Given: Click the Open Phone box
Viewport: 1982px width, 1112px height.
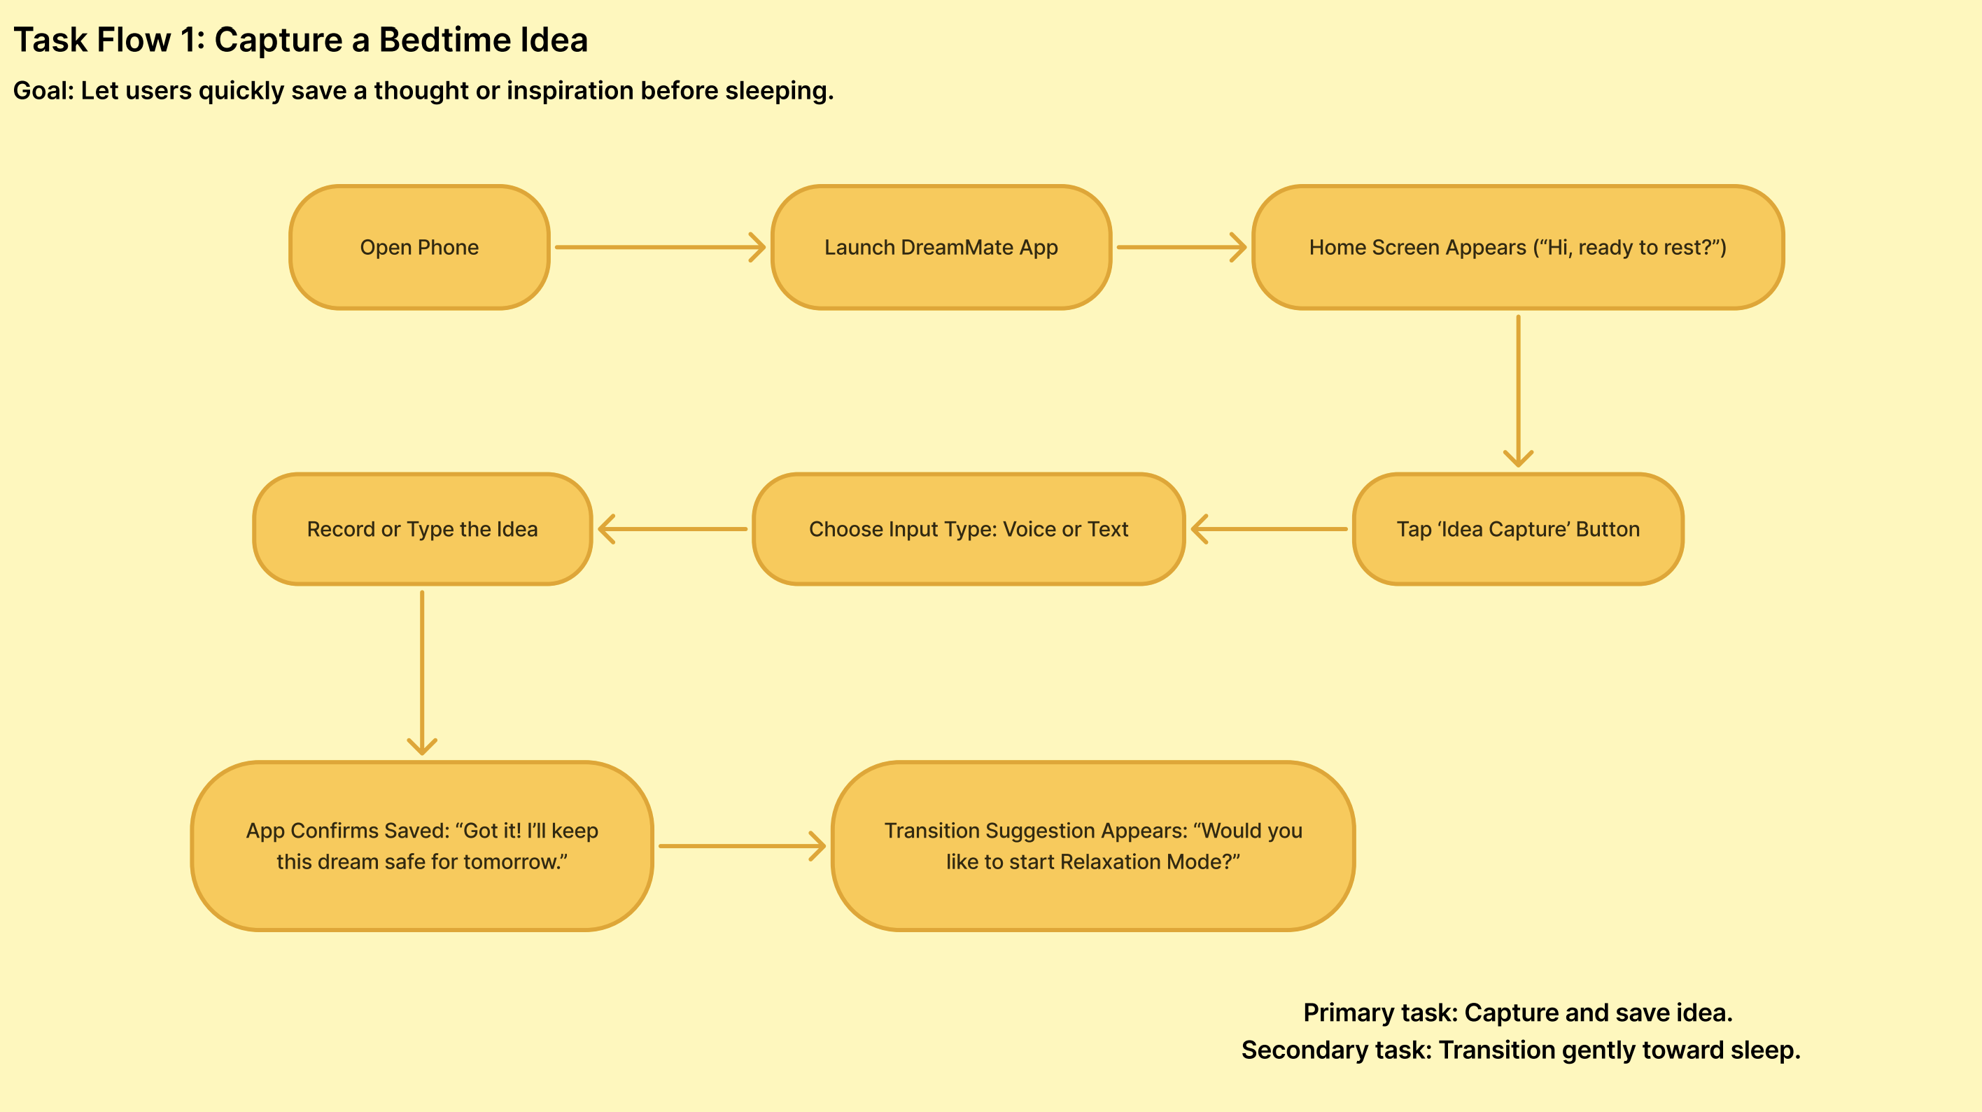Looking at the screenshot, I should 419,247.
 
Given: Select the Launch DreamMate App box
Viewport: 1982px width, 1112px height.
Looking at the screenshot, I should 941,247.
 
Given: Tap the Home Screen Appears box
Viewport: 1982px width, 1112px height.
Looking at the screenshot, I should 1517,247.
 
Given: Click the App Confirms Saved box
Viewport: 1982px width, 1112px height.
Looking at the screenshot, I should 421,846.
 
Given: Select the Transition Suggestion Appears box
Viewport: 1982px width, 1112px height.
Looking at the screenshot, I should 1092,846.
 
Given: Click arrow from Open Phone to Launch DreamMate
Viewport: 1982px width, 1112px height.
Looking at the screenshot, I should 659,247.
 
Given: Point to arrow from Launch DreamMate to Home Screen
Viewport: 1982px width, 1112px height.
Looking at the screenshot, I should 1181,247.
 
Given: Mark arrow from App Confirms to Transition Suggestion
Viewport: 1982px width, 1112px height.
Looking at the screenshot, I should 742,846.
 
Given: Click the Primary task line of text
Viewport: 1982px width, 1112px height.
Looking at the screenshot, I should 1517,1013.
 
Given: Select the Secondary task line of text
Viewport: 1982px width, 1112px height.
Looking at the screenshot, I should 1520,1050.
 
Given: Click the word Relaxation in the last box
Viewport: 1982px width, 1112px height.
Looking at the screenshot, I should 1109,862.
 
